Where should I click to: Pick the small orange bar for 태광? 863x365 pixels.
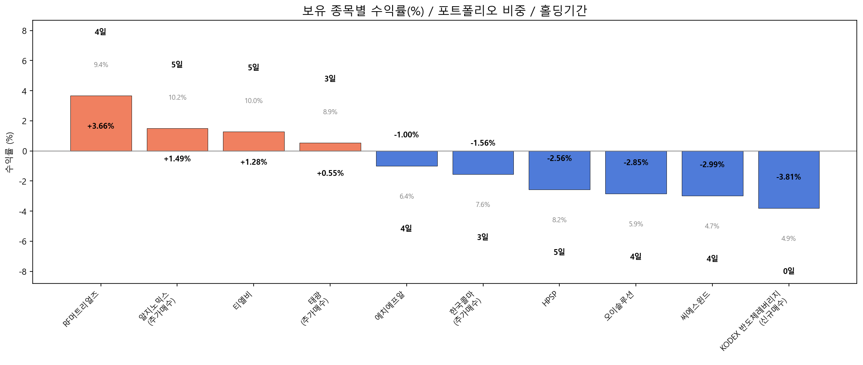pos(330,147)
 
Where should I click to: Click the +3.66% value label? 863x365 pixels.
pos(101,126)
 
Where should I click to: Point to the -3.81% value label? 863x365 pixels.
pos(789,177)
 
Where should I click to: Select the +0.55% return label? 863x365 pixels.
pos(330,173)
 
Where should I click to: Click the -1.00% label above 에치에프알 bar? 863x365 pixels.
pos(406,135)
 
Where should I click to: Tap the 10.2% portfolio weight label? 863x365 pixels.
pos(177,98)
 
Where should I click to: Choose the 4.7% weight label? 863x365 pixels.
pos(712,226)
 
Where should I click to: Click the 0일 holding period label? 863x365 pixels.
pos(789,271)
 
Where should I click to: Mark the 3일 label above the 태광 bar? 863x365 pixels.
pos(330,79)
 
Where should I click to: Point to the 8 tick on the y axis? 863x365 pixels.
pos(24,31)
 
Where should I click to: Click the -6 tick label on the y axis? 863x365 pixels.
pos(22,242)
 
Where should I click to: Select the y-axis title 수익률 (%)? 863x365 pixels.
pos(10,152)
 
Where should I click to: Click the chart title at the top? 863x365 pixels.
pos(444,10)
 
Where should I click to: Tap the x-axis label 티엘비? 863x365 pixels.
pos(243,301)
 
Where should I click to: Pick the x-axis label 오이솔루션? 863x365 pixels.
pos(619,306)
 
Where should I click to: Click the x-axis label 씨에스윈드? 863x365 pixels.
pos(696,306)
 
